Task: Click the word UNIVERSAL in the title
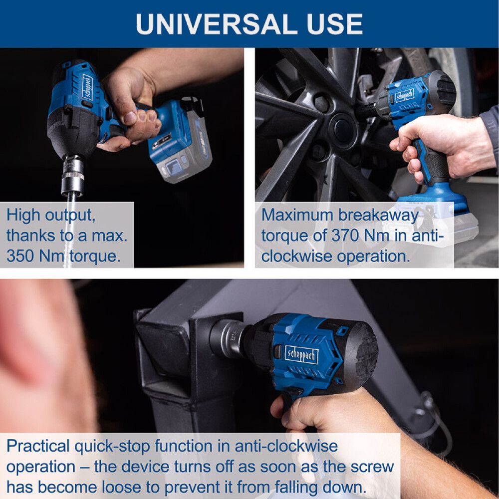pyautogui.click(x=210, y=24)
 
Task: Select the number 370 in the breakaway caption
pyautogui.click(x=345, y=236)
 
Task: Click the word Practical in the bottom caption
pyautogui.click(x=38, y=446)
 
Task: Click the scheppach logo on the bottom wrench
pyautogui.click(x=301, y=354)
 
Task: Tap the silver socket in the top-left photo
pyautogui.click(x=73, y=175)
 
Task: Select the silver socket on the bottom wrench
pyautogui.click(x=229, y=337)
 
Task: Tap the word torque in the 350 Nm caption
pyautogui.click(x=95, y=256)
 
